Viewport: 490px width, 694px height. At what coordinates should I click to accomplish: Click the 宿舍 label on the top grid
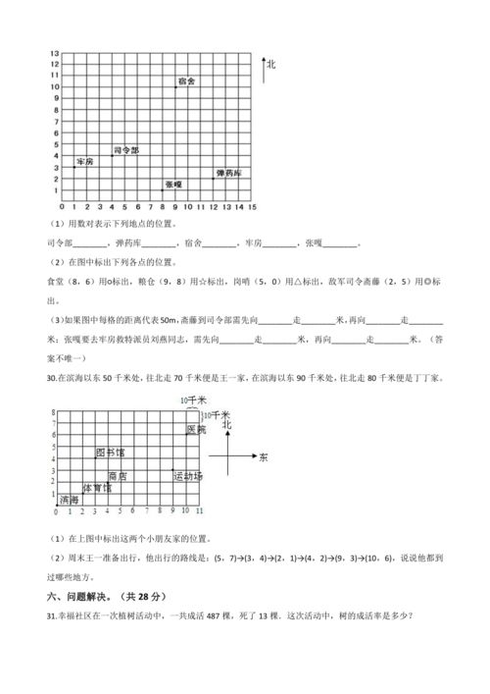click(187, 80)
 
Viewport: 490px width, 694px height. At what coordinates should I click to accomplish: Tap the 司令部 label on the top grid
click(126, 150)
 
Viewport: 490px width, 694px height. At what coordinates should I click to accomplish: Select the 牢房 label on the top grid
click(85, 161)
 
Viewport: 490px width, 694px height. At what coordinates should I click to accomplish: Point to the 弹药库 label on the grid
click(229, 173)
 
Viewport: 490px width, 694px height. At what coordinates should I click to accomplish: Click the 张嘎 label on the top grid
click(172, 184)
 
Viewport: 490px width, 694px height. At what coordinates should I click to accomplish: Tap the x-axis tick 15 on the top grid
click(252, 207)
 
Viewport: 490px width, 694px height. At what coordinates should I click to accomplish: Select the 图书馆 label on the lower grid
click(109, 453)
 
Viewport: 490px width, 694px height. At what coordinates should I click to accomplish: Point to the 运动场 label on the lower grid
click(187, 476)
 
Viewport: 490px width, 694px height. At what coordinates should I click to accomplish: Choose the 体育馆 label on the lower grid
click(96, 488)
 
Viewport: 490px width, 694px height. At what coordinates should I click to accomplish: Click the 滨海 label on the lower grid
click(69, 500)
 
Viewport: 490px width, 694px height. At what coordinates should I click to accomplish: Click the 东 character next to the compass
click(264, 457)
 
